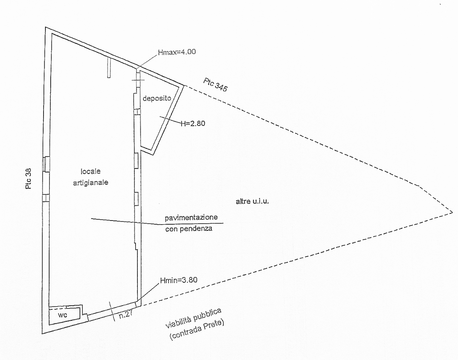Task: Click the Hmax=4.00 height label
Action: (x=177, y=52)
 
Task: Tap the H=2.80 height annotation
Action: (x=193, y=123)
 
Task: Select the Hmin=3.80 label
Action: (x=179, y=280)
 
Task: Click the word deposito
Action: (x=157, y=98)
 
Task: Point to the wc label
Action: (x=63, y=315)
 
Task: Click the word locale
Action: (x=91, y=171)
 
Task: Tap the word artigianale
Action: (x=91, y=183)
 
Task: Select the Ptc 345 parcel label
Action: (x=215, y=85)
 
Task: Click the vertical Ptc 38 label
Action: (x=28, y=178)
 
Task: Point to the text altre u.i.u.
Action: (x=252, y=201)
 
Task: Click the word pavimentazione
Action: (x=191, y=217)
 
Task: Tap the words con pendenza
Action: (x=189, y=229)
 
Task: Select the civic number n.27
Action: (x=126, y=314)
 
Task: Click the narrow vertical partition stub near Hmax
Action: (x=109, y=68)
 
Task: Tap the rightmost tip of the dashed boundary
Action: (x=452, y=212)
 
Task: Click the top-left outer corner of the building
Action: (x=45, y=27)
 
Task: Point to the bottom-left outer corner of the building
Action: (x=42, y=334)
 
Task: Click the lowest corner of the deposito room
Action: (x=153, y=155)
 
